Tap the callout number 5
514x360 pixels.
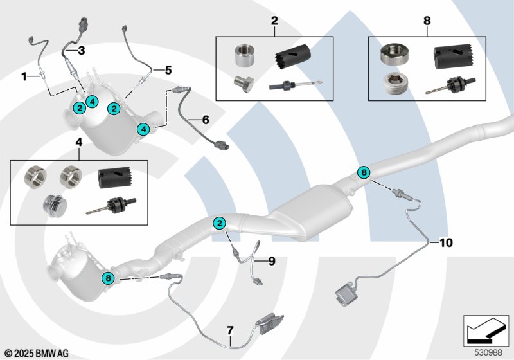[x=168, y=69]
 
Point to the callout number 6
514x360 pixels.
[x=205, y=120]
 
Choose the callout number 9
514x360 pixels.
[x=271, y=261]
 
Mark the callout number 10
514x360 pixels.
[x=446, y=242]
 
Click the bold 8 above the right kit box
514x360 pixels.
[x=426, y=21]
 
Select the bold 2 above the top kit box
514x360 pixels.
[x=274, y=21]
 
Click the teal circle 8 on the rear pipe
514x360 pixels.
[x=364, y=172]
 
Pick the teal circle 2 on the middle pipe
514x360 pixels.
[x=220, y=223]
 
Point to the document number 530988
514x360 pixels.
[x=489, y=352]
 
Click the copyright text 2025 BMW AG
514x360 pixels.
[x=39, y=353]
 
